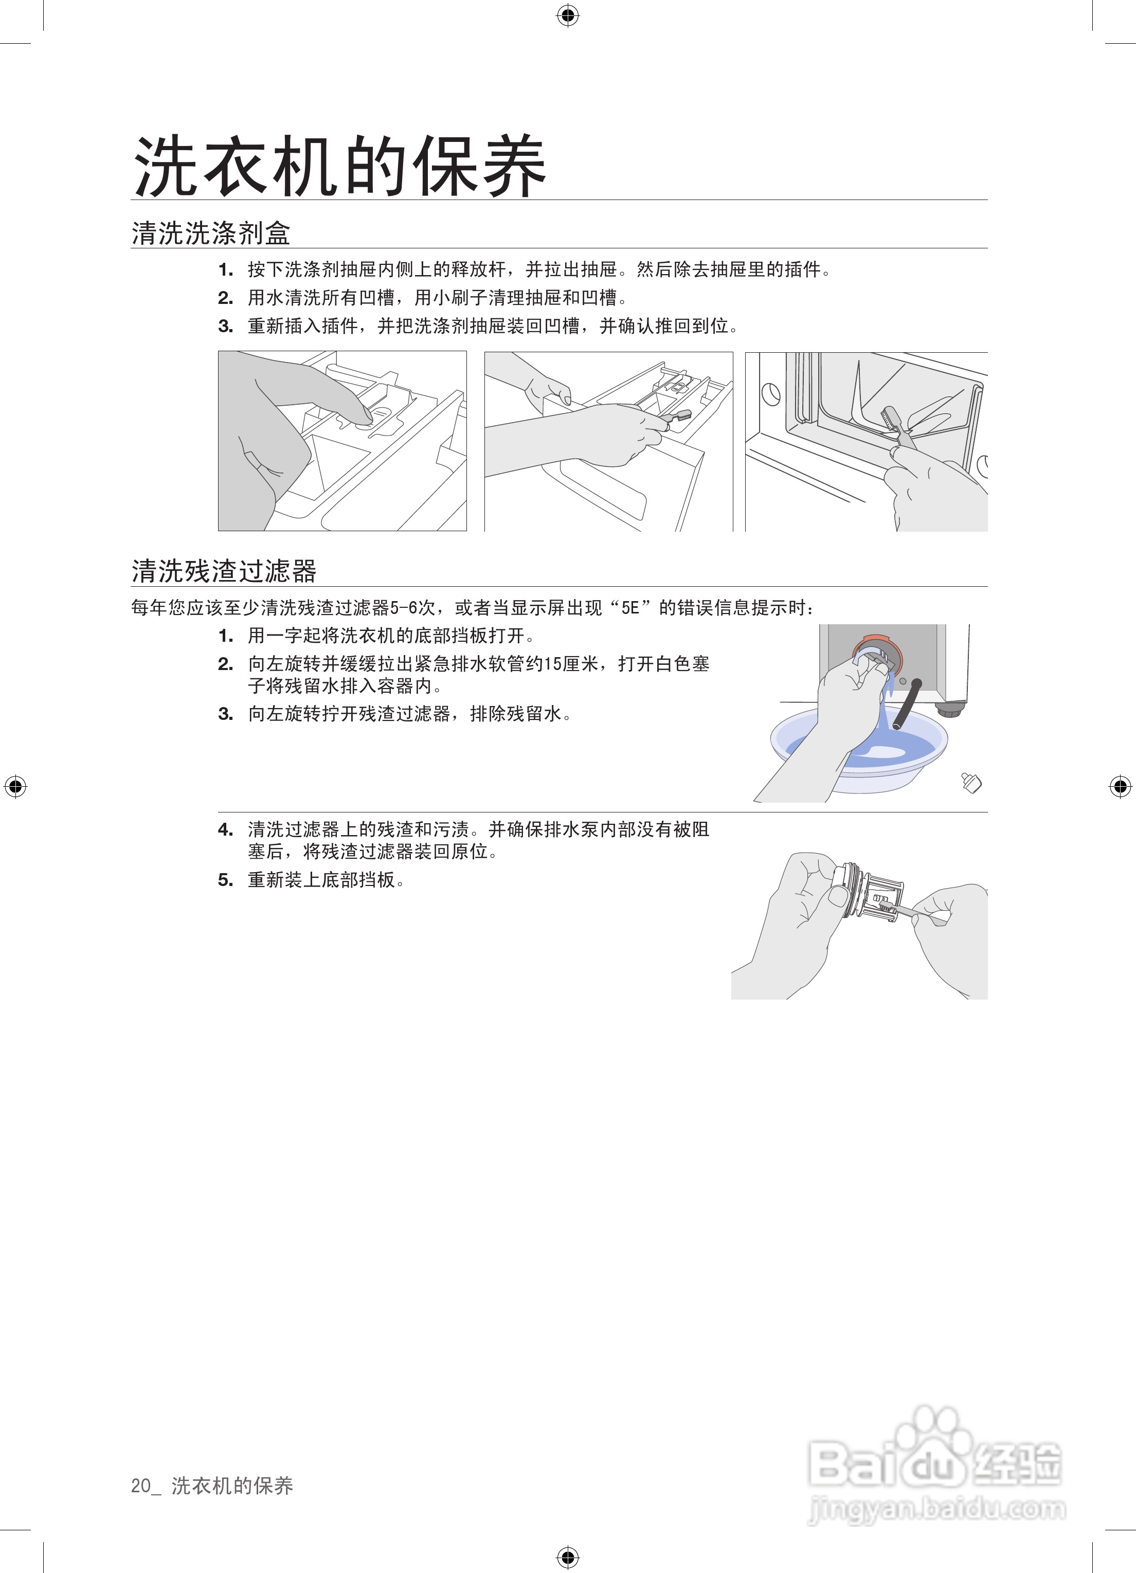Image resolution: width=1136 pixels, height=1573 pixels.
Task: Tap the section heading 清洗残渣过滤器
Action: click(x=223, y=571)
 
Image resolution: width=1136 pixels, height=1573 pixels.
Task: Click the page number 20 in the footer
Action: click(x=141, y=1485)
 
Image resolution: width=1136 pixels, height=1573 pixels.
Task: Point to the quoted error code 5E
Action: click(x=630, y=608)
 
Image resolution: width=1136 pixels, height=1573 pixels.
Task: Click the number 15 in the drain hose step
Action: click(x=553, y=664)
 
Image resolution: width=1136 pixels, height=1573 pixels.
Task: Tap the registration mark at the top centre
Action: click(x=567, y=15)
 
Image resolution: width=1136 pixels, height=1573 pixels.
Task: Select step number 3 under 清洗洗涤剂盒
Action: click(x=225, y=326)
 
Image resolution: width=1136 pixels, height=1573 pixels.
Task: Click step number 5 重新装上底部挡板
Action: click(x=225, y=880)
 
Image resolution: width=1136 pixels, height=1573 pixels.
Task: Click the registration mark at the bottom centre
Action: click(x=567, y=1558)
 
